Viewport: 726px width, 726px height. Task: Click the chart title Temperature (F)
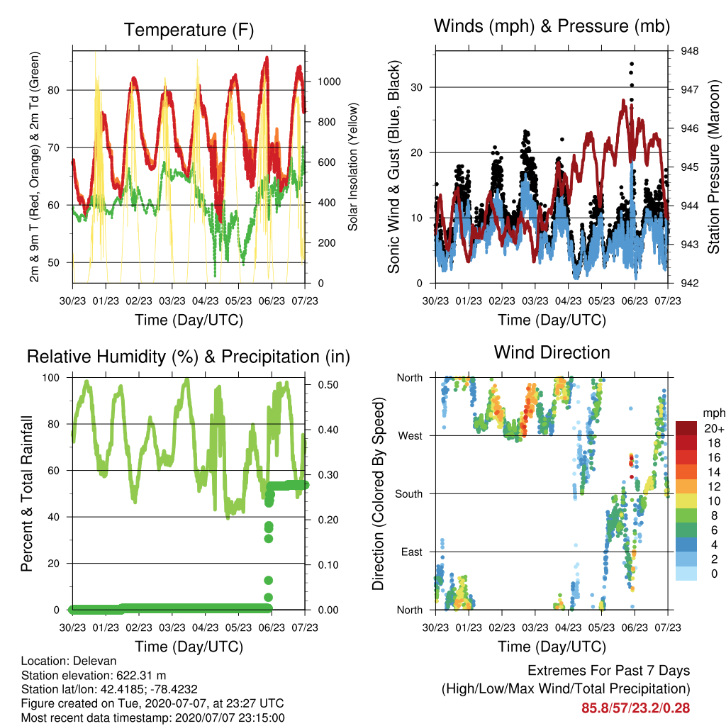(x=189, y=30)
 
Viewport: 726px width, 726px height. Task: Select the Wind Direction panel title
(x=552, y=352)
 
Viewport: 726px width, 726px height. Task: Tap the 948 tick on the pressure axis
(x=689, y=51)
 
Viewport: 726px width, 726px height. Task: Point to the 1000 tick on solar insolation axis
(x=329, y=82)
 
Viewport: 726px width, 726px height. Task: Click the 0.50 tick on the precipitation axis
(x=328, y=385)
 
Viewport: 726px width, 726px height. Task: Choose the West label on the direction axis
(x=411, y=436)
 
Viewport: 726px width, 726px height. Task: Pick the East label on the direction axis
(x=412, y=552)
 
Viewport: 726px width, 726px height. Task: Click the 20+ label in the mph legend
(x=713, y=429)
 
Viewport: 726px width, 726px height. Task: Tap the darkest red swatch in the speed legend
(x=686, y=428)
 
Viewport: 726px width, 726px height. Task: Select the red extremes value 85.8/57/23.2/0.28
(x=636, y=708)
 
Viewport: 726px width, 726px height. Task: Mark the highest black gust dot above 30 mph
(x=632, y=64)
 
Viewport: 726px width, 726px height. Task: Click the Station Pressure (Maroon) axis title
(x=713, y=167)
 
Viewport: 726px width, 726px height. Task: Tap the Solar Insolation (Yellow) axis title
(x=353, y=167)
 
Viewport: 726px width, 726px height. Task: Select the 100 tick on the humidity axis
(x=51, y=378)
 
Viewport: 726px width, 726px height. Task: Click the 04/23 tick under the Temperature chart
(x=205, y=301)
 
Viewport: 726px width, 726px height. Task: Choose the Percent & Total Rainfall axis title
(x=28, y=493)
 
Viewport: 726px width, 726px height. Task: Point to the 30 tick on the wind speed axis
(x=417, y=87)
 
